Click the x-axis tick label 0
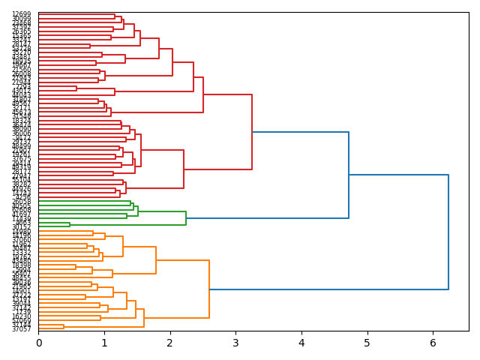point(38,343)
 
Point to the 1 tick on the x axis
point(104,343)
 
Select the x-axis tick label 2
point(170,343)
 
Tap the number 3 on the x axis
point(235,343)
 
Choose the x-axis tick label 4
point(301,343)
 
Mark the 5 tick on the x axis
point(367,343)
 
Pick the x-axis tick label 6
point(433,343)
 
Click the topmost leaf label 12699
point(22,14)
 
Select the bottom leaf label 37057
point(22,329)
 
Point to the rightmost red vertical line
point(252,132)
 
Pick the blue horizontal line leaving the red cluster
point(300,132)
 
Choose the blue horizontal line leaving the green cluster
point(267,218)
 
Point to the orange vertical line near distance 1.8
point(156,260)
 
